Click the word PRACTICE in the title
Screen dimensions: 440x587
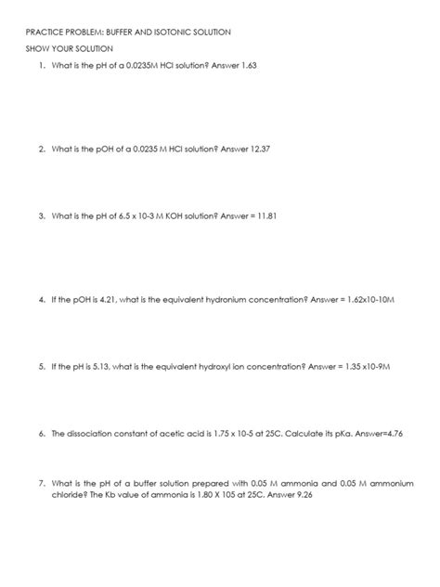[45, 33]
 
